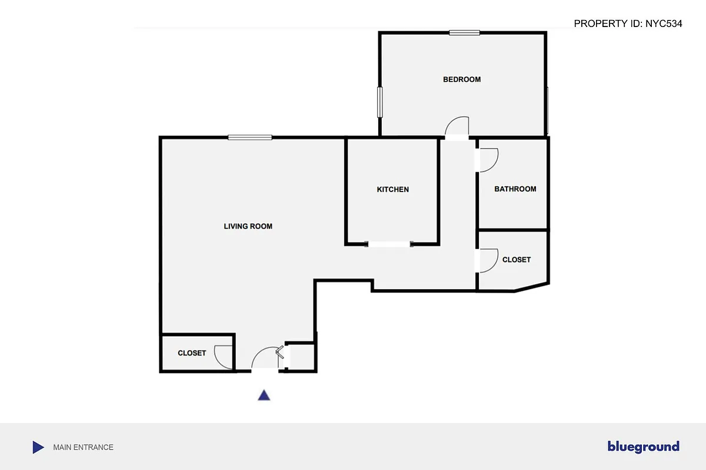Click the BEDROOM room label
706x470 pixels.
tap(462, 79)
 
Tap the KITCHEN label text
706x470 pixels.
tap(392, 189)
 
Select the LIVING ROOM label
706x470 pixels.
tap(248, 226)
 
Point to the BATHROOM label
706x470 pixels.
tap(515, 189)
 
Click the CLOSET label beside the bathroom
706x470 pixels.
tap(516, 260)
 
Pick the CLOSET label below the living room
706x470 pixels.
tap(192, 353)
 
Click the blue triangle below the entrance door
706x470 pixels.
tap(264, 395)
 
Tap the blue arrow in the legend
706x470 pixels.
tap(38, 447)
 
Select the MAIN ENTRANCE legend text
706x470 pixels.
tap(83, 447)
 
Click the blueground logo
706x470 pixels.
tap(643, 447)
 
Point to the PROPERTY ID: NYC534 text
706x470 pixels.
tap(628, 24)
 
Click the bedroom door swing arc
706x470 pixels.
tap(457, 127)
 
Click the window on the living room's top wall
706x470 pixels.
tap(250, 137)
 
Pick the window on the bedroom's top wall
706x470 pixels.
tap(464, 33)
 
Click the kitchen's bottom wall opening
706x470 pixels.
tap(389, 244)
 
